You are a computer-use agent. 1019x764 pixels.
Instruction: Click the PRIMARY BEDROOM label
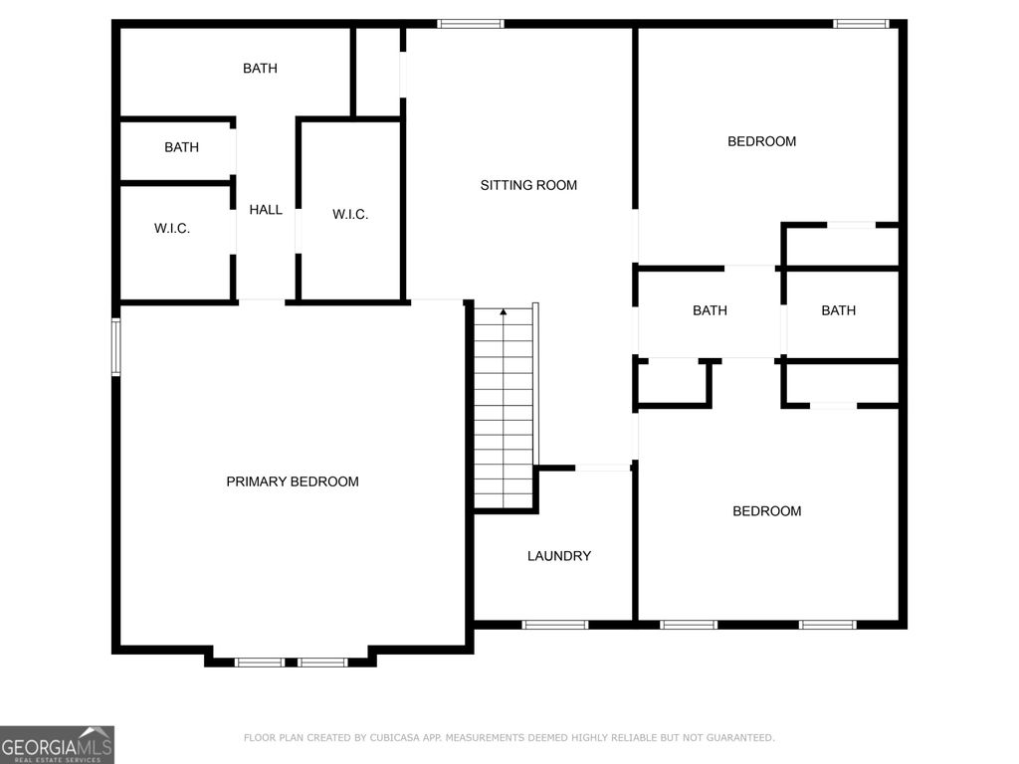pyautogui.click(x=293, y=481)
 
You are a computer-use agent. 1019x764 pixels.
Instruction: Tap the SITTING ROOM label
pyautogui.click(x=528, y=185)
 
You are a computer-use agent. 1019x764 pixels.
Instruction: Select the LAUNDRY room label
pyautogui.click(x=559, y=556)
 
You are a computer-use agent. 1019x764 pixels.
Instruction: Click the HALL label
pyautogui.click(x=266, y=210)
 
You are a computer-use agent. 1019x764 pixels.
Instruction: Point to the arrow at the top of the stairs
pyautogui.click(x=504, y=313)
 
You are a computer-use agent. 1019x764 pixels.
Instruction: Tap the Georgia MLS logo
pyautogui.click(x=57, y=744)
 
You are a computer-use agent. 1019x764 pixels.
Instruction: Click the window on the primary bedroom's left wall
pyautogui.click(x=116, y=347)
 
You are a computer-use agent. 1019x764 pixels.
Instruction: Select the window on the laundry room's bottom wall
pyautogui.click(x=555, y=625)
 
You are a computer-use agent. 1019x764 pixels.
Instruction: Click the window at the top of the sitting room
pyautogui.click(x=471, y=24)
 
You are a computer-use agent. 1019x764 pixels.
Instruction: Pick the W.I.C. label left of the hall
pyautogui.click(x=172, y=229)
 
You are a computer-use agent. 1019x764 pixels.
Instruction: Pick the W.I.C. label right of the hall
pyautogui.click(x=350, y=214)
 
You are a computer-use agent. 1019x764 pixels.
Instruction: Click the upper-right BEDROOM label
pyautogui.click(x=762, y=141)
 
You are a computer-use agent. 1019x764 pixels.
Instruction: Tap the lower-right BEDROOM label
pyautogui.click(x=767, y=511)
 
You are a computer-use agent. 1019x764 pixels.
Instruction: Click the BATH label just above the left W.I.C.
pyautogui.click(x=181, y=147)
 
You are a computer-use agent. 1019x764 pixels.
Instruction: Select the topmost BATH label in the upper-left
pyautogui.click(x=260, y=69)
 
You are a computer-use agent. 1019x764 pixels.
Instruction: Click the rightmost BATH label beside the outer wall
pyautogui.click(x=838, y=310)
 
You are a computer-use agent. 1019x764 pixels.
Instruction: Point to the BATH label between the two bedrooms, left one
pyautogui.click(x=710, y=310)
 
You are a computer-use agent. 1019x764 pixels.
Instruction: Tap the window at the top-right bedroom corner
pyautogui.click(x=861, y=24)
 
